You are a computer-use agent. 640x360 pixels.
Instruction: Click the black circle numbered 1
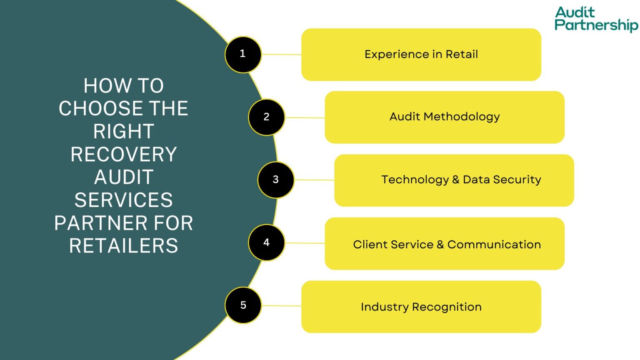pos(243,55)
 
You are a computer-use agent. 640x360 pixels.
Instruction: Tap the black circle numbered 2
pos(266,117)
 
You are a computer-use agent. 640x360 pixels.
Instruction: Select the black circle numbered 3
pos(275,180)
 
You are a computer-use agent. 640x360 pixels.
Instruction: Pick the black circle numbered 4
pos(266,242)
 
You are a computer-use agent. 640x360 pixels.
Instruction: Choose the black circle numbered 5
pos(243,305)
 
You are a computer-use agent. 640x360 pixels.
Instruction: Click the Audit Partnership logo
pos(595,19)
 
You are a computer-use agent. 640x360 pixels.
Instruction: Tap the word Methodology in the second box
pos(462,117)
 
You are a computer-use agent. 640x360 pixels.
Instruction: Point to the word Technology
pos(415,180)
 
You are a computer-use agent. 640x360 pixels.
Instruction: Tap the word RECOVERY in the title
pos(124,155)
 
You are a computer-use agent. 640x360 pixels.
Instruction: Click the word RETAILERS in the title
pos(124,246)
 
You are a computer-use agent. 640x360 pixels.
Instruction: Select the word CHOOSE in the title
pos(100,109)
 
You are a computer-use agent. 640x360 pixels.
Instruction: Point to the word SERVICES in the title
pos(124,200)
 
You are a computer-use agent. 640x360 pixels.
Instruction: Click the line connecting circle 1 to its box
pos(281,55)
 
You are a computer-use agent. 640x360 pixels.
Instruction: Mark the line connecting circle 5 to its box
pos(281,306)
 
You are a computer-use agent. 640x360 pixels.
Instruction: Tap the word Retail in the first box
pos(462,55)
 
